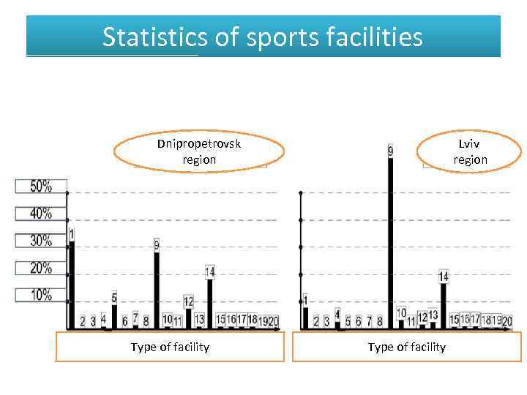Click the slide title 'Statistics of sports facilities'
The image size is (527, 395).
point(263,37)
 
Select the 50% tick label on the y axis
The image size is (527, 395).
point(41,187)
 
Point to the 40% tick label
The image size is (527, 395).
point(41,214)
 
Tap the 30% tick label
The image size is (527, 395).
point(41,241)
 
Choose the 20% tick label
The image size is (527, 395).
point(41,268)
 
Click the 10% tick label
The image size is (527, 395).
point(41,295)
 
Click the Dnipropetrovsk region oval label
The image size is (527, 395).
point(199,151)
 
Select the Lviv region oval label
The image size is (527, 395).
point(470,151)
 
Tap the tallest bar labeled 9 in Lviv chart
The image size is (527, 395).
point(390,241)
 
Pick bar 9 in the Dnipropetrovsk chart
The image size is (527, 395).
point(157,289)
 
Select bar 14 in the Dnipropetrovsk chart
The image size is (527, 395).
point(210,303)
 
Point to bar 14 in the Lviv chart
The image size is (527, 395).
point(444,305)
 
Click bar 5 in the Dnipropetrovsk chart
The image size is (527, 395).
point(114,316)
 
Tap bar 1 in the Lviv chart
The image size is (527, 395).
point(305,317)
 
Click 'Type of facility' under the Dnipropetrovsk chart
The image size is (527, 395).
point(170,347)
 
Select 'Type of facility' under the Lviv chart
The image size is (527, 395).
point(406,347)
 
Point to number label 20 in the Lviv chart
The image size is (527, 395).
point(507,321)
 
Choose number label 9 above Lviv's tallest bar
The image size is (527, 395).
point(390,151)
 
